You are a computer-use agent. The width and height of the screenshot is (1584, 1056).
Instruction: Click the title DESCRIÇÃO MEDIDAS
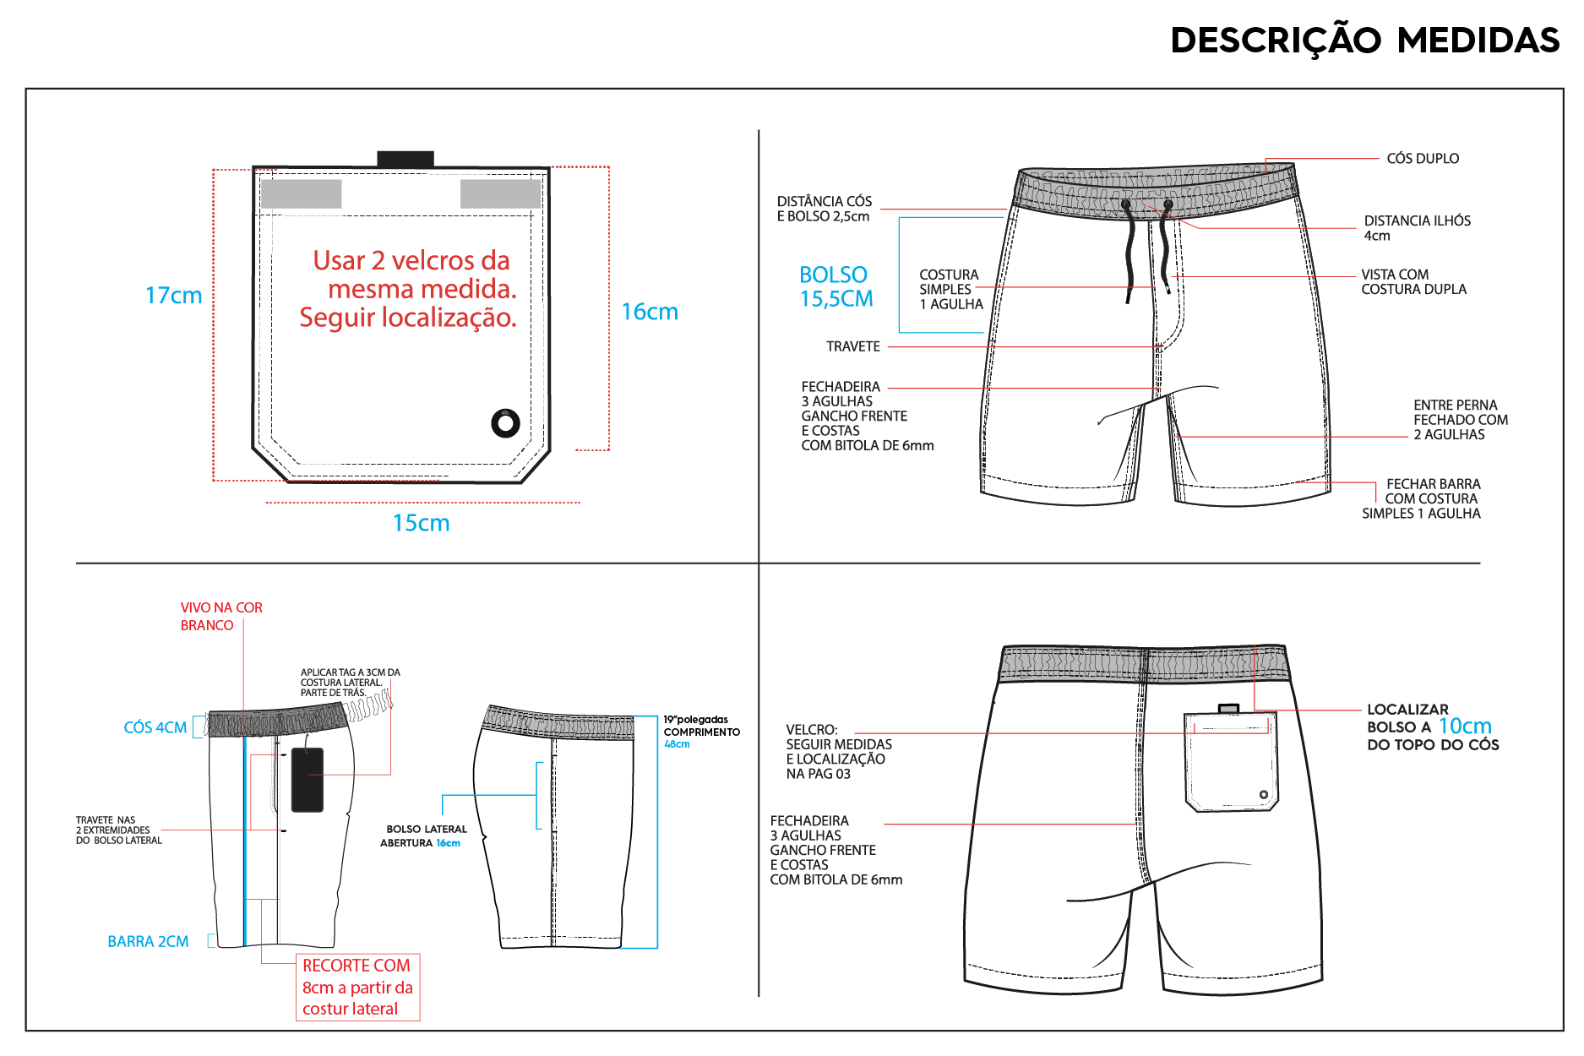(x=1364, y=41)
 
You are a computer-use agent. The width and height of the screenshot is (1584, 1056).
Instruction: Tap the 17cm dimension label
(x=174, y=296)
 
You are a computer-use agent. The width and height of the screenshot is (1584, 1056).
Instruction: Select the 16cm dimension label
(x=650, y=312)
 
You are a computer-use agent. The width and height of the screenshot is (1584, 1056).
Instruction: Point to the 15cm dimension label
(x=421, y=523)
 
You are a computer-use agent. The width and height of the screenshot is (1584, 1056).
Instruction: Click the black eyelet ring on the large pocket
(x=505, y=422)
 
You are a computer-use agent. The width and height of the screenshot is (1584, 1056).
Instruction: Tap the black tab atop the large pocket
(x=406, y=159)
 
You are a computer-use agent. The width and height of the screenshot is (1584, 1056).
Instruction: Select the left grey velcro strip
(x=302, y=193)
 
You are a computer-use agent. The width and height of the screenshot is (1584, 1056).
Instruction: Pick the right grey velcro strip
(x=500, y=193)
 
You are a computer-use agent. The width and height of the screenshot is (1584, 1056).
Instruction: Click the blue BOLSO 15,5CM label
(x=836, y=286)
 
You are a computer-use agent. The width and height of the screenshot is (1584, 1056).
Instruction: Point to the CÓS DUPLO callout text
(x=1423, y=159)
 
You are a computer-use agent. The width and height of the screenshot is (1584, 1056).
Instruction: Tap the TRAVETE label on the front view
(x=853, y=346)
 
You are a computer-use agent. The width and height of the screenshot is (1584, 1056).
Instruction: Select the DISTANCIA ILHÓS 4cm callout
(x=1417, y=228)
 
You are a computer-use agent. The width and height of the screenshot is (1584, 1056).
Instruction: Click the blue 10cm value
(x=1465, y=727)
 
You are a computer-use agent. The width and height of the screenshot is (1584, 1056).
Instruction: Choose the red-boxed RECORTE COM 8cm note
(x=357, y=987)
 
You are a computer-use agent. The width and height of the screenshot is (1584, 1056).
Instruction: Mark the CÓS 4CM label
(x=155, y=727)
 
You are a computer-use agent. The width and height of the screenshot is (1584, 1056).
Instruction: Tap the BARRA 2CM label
(x=148, y=941)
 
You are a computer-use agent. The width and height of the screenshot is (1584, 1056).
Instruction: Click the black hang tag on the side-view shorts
(x=308, y=780)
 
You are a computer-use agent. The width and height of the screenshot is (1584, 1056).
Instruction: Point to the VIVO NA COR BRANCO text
(x=221, y=617)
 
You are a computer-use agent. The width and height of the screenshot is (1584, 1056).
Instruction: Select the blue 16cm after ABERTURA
(x=449, y=843)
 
